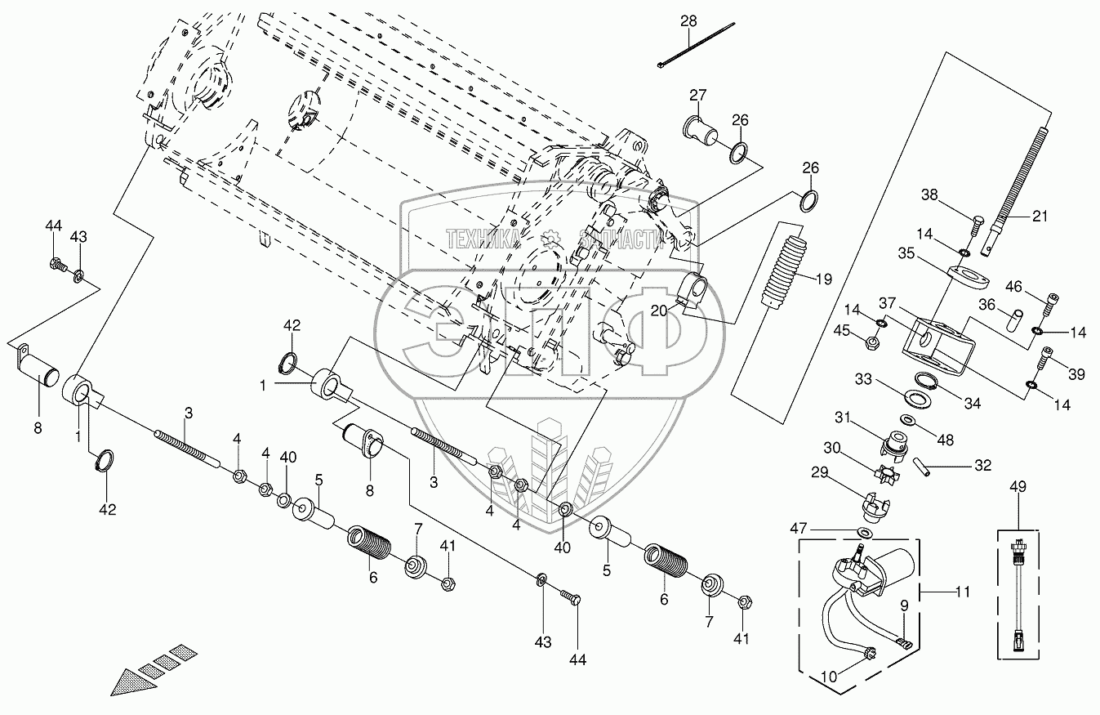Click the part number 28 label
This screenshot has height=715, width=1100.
(x=688, y=20)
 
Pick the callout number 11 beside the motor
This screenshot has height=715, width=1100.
(x=963, y=592)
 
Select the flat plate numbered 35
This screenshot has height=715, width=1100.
(x=969, y=275)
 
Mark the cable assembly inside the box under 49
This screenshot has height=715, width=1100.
(x=1018, y=592)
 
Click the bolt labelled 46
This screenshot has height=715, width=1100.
(x=1050, y=302)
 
